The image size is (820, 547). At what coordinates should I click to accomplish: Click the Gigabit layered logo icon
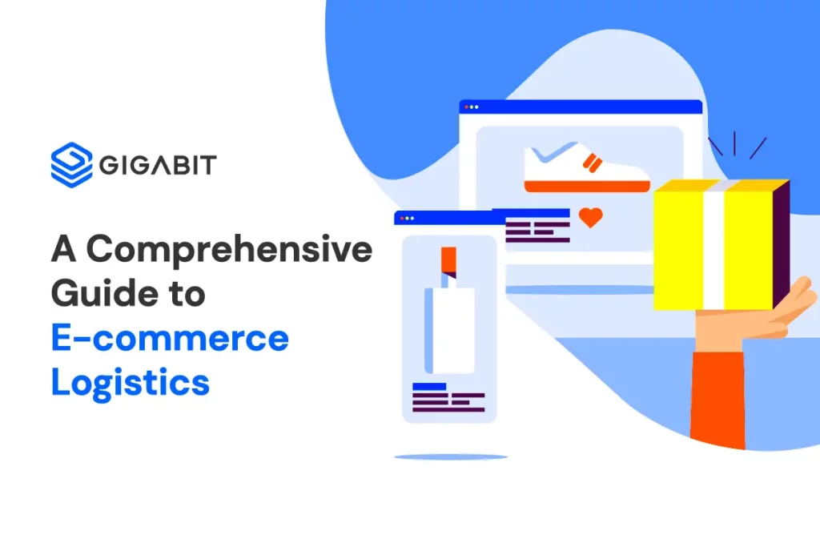pos(71,164)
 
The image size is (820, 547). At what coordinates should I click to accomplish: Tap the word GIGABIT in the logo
pos(158,166)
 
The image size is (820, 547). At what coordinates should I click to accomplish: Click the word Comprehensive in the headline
pos(229,251)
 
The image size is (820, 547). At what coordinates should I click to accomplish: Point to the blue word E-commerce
pos(170,339)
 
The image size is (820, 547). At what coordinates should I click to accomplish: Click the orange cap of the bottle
pos(448,259)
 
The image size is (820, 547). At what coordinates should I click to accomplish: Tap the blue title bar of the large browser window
pos(581,107)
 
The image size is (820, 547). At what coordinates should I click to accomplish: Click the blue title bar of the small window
pos(444,218)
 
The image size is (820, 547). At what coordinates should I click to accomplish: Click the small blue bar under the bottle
pos(429,387)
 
